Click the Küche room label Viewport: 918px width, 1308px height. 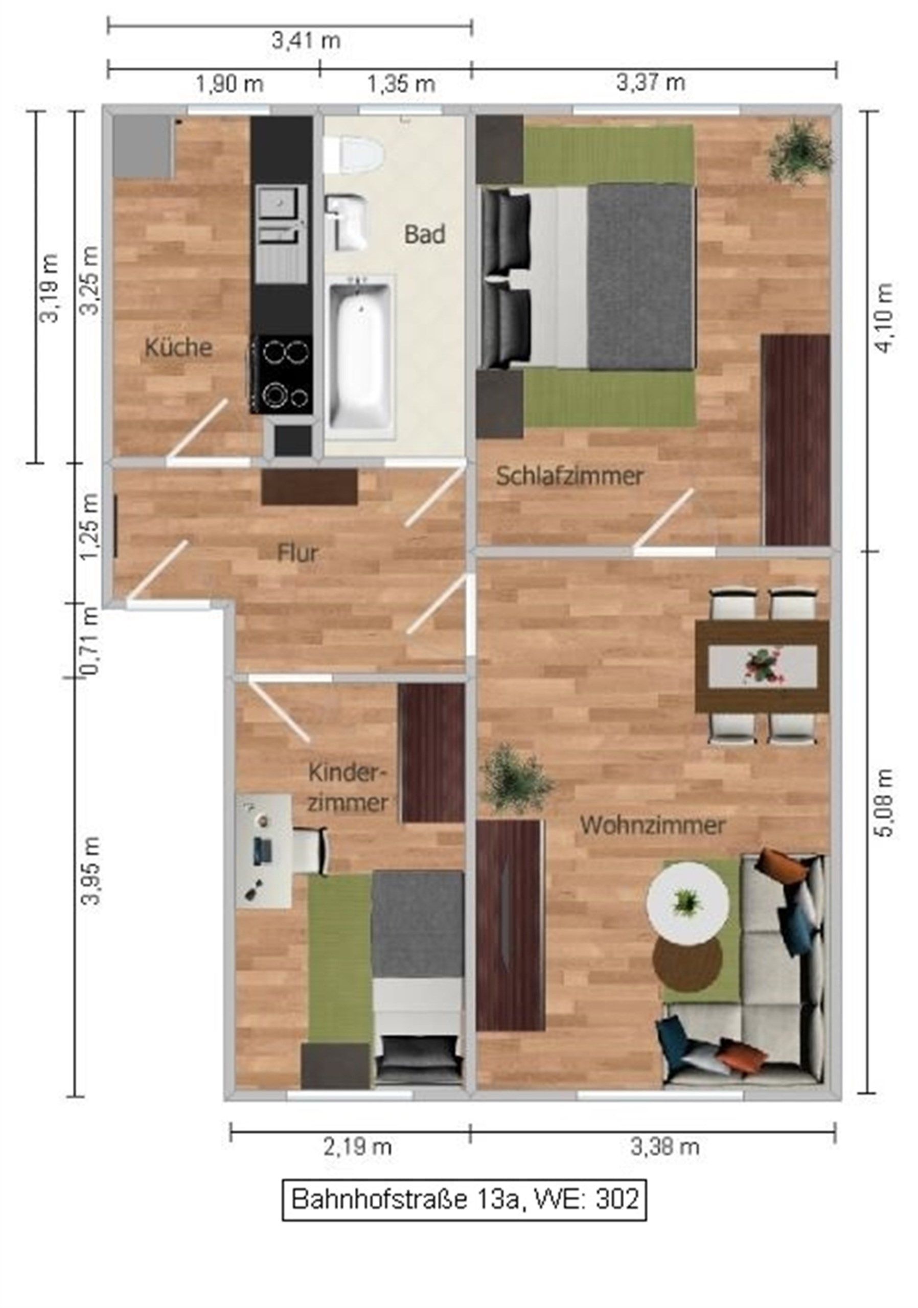click(x=178, y=347)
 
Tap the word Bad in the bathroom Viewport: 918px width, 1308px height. click(x=425, y=234)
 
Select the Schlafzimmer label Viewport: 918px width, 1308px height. click(x=569, y=476)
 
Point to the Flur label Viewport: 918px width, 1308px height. click(x=297, y=553)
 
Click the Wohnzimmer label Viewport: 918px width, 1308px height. click(x=652, y=825)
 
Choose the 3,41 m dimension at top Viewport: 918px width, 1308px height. click(x=306, y=40)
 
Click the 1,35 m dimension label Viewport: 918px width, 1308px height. click(x=401, y=84)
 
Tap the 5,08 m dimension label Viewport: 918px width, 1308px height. click(x=884, y=804)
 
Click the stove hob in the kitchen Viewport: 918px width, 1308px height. click(x=282, y=373)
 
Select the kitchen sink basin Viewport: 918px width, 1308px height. click(x=279, y=203)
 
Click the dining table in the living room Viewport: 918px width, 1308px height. click(x=763, y=666)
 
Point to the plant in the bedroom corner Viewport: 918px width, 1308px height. click(x=799, y=150)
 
